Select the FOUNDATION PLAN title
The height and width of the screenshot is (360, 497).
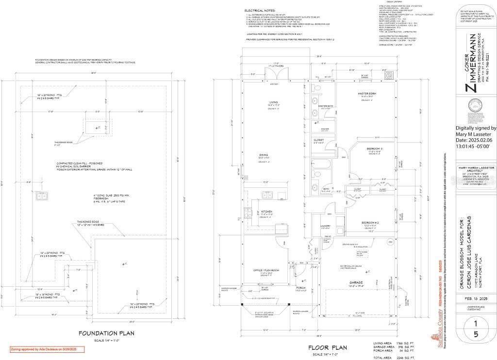coord(106,333)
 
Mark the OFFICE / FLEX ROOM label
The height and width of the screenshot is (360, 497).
coord(266,270)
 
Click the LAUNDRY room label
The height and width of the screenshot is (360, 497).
coord(312,226)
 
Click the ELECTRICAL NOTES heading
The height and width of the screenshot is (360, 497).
coord(261,10)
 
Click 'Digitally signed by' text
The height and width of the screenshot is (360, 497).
coord(476,128)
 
